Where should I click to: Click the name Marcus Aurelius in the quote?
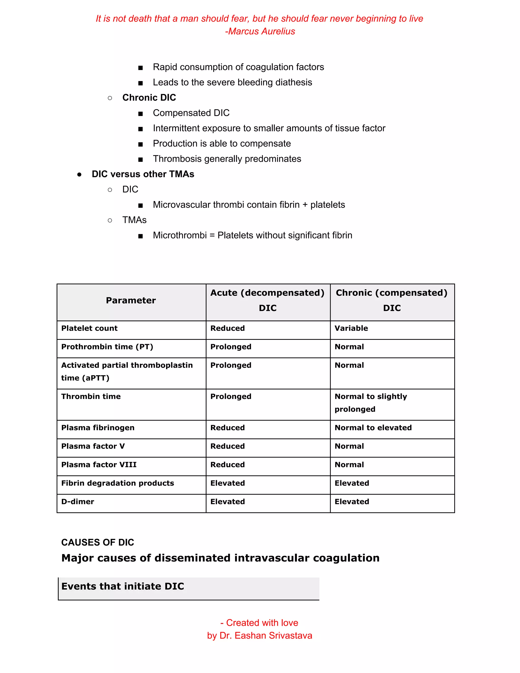click(262, 31)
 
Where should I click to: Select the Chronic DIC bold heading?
click(149, 98)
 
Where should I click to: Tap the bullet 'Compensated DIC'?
click(191, 113)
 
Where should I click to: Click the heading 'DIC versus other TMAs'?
click(143, 174)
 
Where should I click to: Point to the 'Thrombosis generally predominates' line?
click(227, 159)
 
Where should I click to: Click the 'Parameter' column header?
click(131, 300)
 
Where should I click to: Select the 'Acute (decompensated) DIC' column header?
click(267, 300)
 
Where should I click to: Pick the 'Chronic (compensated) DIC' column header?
click(392, 300)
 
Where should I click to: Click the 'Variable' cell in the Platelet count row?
click(351, 328)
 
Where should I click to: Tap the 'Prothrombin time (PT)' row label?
click(107, 347)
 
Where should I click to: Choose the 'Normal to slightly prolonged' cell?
click(371, 403)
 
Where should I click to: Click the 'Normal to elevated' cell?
click(373, 428)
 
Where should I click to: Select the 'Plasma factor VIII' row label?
click(99, 465)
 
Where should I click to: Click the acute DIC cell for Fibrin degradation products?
click(228, 484)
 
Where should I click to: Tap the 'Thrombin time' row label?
click(91, 397)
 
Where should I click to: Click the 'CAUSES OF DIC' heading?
click(98, 543)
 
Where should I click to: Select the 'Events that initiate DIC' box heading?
click(123, 586)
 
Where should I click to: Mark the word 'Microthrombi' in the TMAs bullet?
click(180, 235)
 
